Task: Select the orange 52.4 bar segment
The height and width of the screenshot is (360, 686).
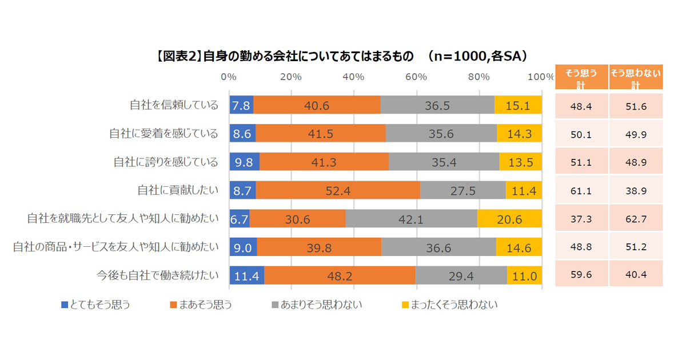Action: point(338,190)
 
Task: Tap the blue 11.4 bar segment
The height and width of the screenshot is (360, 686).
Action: point(246,275)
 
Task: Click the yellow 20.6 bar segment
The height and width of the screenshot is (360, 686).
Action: point(509,219)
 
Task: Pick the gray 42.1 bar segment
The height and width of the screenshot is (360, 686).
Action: point(412,219)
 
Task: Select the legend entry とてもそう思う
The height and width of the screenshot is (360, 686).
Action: point(95,305)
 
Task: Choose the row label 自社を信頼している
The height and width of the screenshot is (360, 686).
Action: point(174,105)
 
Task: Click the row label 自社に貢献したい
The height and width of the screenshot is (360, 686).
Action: point(178,190)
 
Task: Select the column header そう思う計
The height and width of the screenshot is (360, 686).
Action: point(581,77)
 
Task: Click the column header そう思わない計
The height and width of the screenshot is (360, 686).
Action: point(636,77)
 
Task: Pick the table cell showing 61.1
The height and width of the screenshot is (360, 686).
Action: point(581,190)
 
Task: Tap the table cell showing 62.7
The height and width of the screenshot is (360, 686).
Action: point(636,219)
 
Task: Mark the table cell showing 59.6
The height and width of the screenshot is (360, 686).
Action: point(581,275)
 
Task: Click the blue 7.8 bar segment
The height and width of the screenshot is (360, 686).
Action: point(241,105)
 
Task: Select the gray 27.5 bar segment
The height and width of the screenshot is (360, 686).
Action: point(462,190)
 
